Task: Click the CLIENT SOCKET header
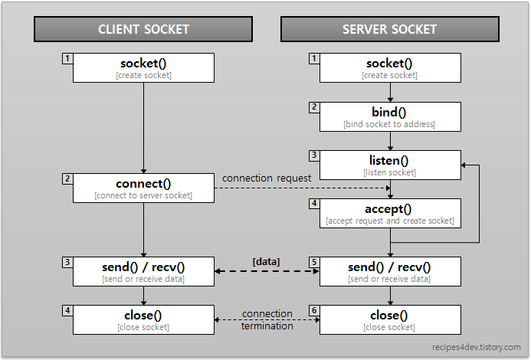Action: tap(143, 30)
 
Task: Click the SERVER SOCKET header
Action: tap(389, 30)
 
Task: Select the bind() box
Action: tap(389, 116)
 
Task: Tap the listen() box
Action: tap(389, 165)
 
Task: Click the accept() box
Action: tap(389, 213)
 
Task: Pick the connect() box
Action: tap(143, 188)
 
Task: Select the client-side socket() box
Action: tap(143, 67)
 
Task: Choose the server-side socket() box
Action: tap(389, 67)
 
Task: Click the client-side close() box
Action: tap(143, 319)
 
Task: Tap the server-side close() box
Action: tap(389, 319)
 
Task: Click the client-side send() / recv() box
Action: tap(143, 271)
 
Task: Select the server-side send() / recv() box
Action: tap(389, 271)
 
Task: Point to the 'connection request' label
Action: tap(267, 178)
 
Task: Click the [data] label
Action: tap(266, 261)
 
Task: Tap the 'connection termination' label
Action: tap(267, 319)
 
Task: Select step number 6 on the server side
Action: tap(314, 311)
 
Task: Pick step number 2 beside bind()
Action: tap(314, 107)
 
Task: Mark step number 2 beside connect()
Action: tap(67, 178)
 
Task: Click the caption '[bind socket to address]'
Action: tap(389, 124)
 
